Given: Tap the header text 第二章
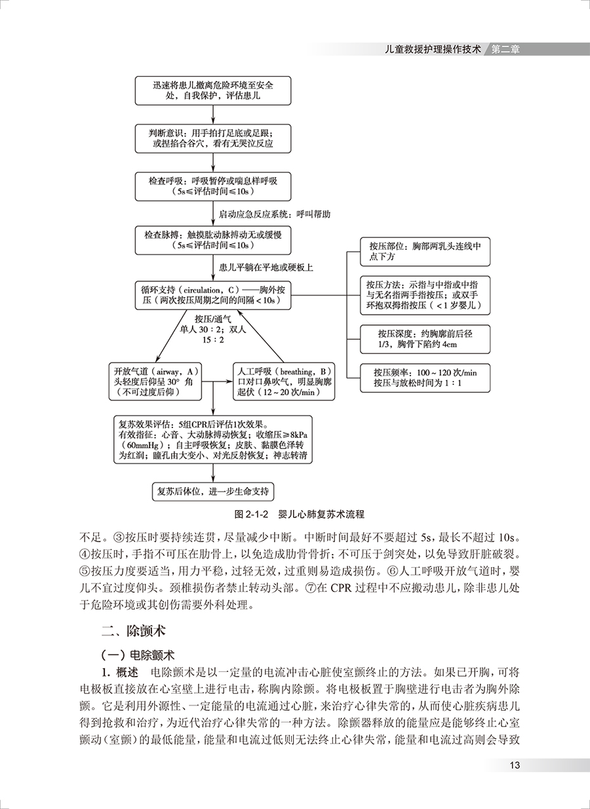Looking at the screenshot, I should tap(505, 49).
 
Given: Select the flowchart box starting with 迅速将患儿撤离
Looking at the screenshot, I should tap(213, 90).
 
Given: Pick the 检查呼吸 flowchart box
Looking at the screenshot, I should tap(213, 186).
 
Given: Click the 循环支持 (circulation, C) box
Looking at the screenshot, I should tap(213, 294).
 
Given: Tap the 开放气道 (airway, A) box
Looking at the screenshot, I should tap(155, 381).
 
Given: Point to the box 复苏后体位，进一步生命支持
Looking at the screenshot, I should tap(213, 490).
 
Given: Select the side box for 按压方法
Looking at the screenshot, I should tap(425, 295).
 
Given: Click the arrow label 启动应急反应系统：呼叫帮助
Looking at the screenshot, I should tap(275, 214).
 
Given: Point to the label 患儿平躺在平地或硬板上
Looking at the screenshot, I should tap(265, 267).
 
